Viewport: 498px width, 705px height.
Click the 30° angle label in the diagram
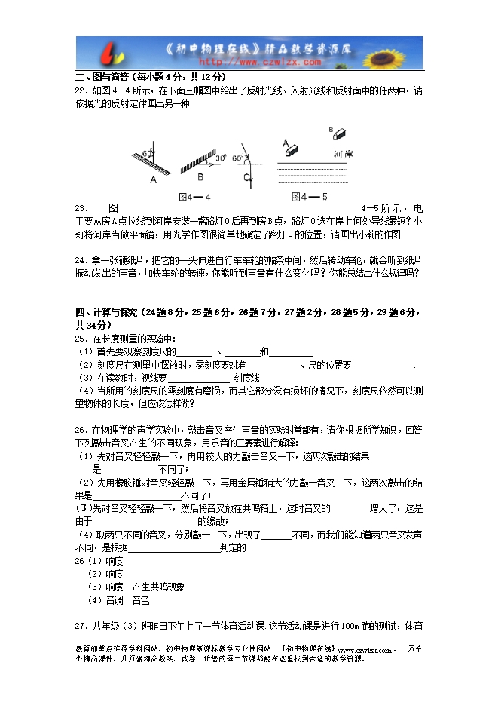tap(221, 159)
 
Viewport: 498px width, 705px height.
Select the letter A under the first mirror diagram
tap(153, 179)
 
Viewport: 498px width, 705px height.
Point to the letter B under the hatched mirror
tap(200, 177)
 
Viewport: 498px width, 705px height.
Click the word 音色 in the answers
tap(141, 600)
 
